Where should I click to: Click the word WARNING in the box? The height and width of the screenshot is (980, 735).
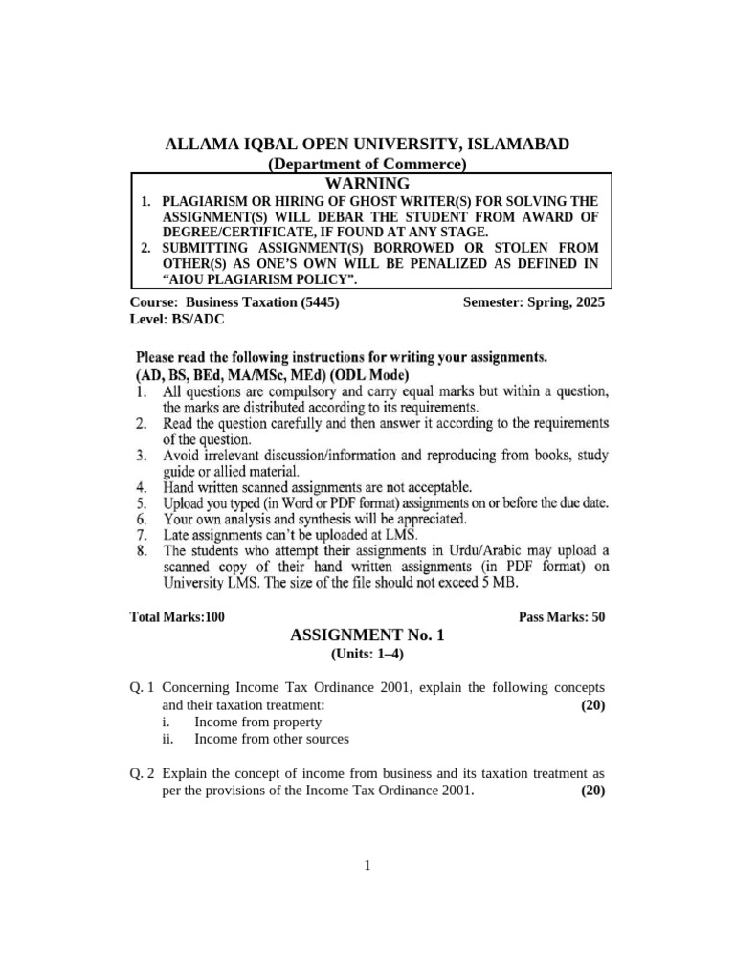click(367, 183)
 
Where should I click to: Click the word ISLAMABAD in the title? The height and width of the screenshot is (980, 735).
click(517, 145)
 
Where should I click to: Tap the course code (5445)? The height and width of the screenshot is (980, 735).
click(320, 302)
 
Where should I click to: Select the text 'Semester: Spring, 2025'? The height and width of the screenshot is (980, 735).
click(533, 302)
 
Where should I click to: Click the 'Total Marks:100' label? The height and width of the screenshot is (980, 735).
click(177, 617)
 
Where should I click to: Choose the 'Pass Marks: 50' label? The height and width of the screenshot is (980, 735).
click(562, 617)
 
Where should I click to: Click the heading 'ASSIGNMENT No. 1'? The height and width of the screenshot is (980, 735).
click(367, 635)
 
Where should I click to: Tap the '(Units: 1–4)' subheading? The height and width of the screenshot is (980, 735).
click(367, 654)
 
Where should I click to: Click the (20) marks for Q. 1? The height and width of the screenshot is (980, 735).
click(592, 705)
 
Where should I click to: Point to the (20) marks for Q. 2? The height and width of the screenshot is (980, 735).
click(592, 791)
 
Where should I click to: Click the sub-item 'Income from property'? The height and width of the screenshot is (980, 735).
click(257, 723)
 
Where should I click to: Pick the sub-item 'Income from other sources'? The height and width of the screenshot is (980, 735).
click(272, 739)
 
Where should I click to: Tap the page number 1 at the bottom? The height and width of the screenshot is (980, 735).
click(367, 866)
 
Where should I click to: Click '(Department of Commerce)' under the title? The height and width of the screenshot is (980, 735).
click(367, 165)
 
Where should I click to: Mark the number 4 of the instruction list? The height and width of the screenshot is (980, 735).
click(141, 485)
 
